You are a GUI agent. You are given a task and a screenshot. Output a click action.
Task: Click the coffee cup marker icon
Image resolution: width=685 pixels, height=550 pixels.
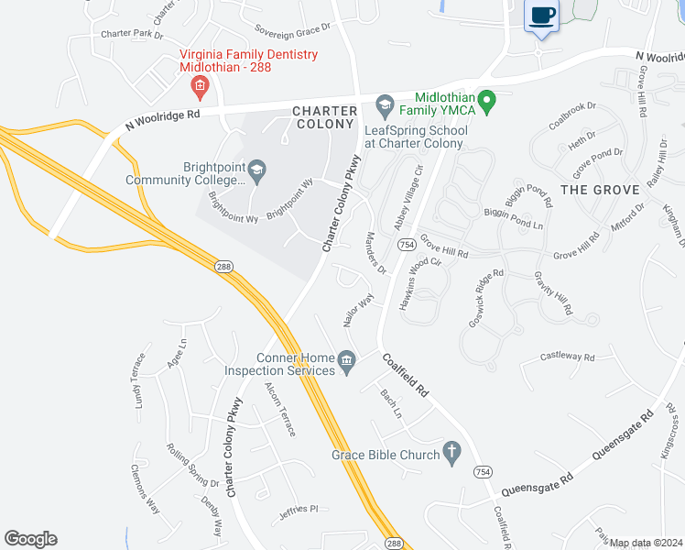point(542,16)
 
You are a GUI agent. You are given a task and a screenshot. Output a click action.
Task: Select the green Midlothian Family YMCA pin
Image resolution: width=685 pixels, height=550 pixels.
point(487,101)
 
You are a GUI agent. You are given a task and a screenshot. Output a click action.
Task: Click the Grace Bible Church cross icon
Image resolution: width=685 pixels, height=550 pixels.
point(451,450)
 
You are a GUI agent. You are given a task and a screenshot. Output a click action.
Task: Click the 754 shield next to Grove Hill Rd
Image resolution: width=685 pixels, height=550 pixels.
point(405,244)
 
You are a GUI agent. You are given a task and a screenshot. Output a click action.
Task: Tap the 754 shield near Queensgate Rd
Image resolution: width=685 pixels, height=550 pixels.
point(483,471)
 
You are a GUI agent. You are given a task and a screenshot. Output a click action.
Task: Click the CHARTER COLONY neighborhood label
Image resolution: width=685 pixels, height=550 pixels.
point(323,117)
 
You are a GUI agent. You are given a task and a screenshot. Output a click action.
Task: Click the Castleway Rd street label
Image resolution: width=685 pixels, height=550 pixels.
point(567,357)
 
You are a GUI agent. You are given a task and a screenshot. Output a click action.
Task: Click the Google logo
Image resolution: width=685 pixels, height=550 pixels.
point(30,539)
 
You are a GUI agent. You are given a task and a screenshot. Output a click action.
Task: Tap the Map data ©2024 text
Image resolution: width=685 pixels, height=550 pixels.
point(646,543)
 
